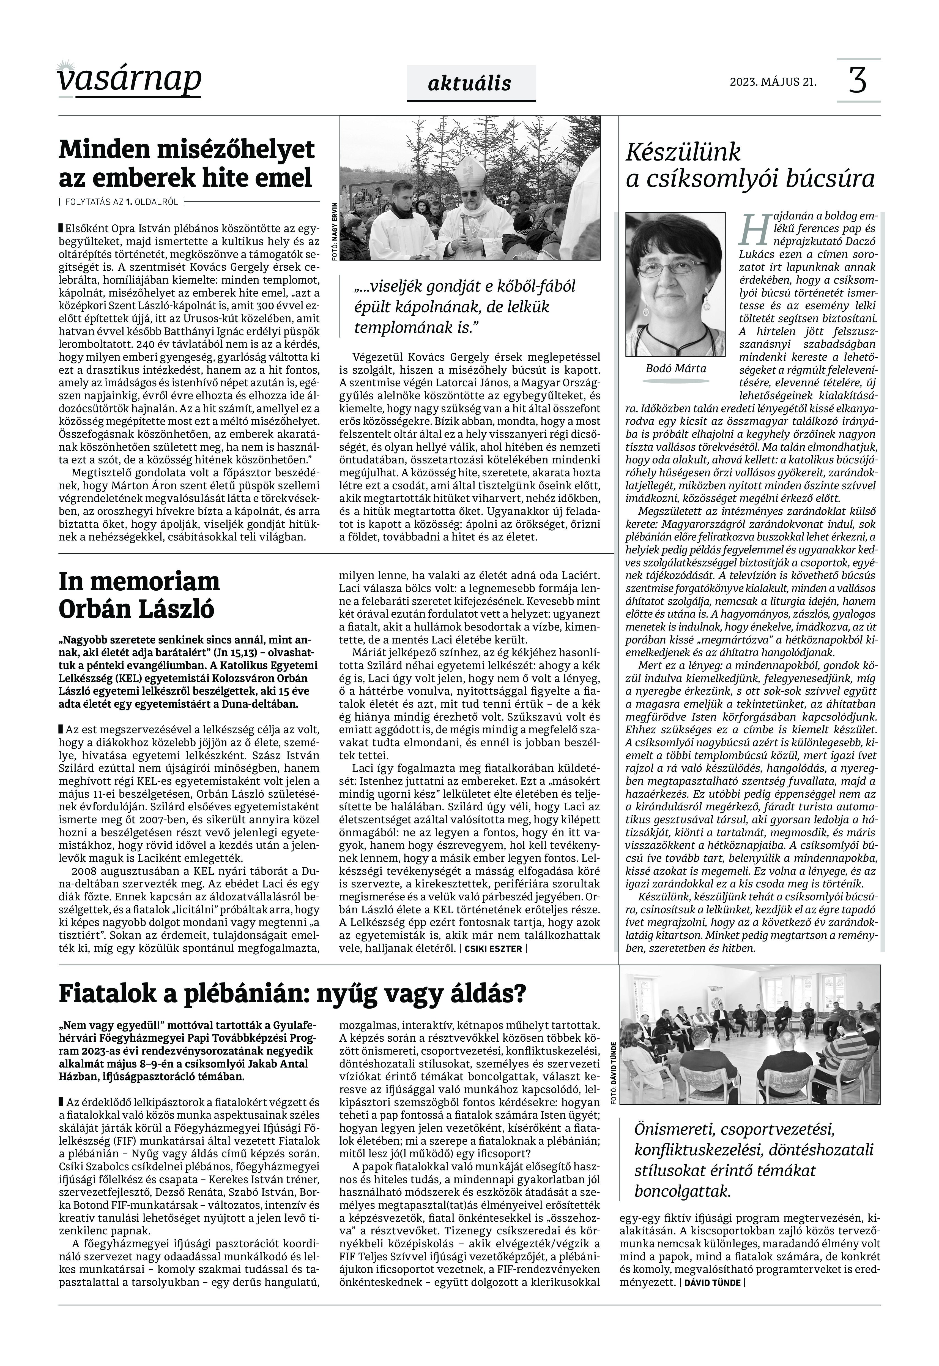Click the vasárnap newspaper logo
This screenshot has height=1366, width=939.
129,78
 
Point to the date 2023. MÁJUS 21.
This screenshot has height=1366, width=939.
773,81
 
